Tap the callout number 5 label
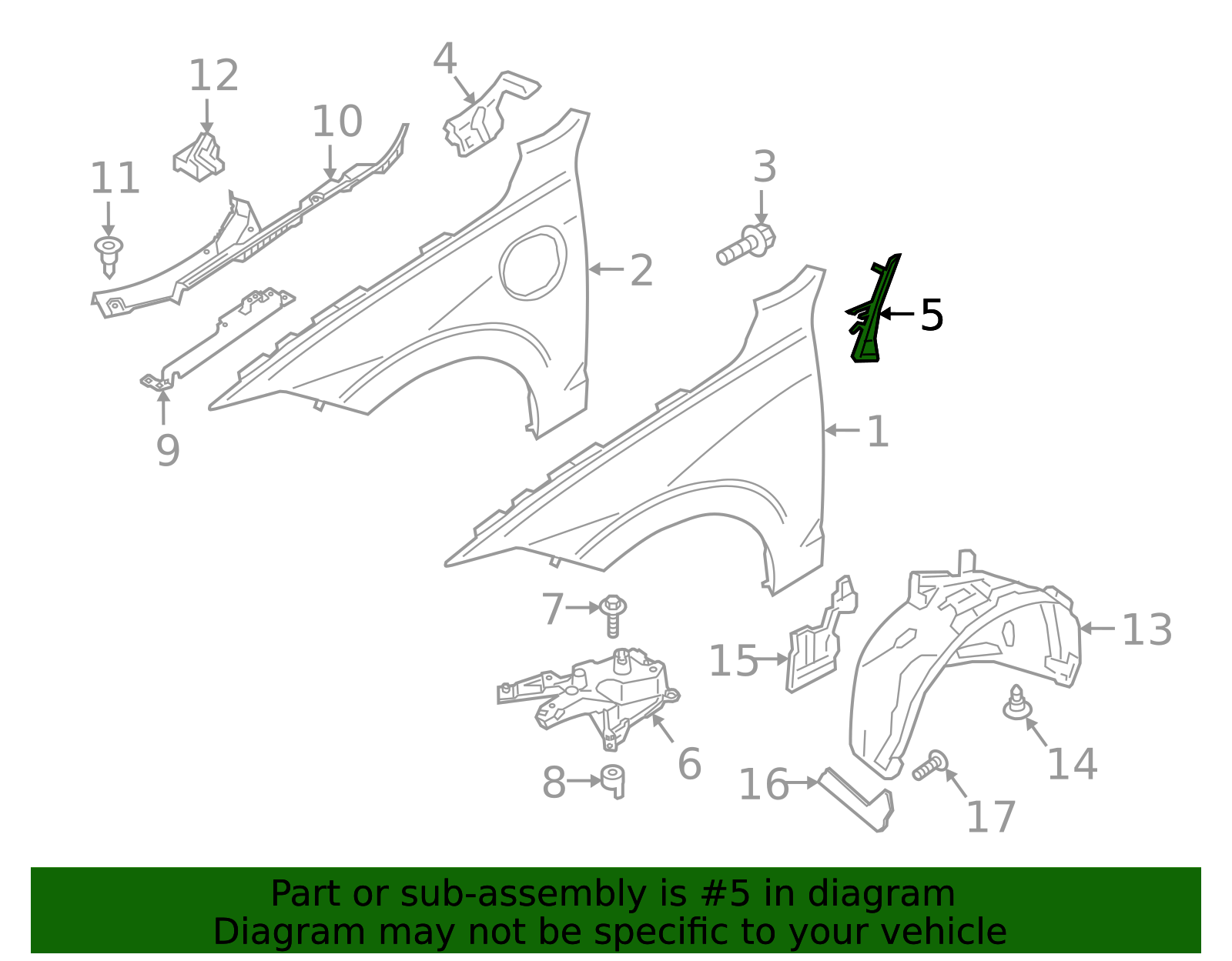click(932, 315)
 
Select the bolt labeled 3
click(746, 244)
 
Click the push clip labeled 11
click(109, 256)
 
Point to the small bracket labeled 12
click(199, 158)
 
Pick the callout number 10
click(337, 122)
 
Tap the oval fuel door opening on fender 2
click(533, 263)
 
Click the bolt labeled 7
click(612, 616)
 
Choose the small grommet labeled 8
click(613, 782)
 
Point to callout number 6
click(689, 764)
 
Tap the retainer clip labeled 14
click(1017, 702)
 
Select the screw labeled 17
click(930, 765)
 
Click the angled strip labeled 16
click(857, 800)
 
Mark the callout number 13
click(1147, 629)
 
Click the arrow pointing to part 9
click(163, 406)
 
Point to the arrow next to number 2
click(605, 269)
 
